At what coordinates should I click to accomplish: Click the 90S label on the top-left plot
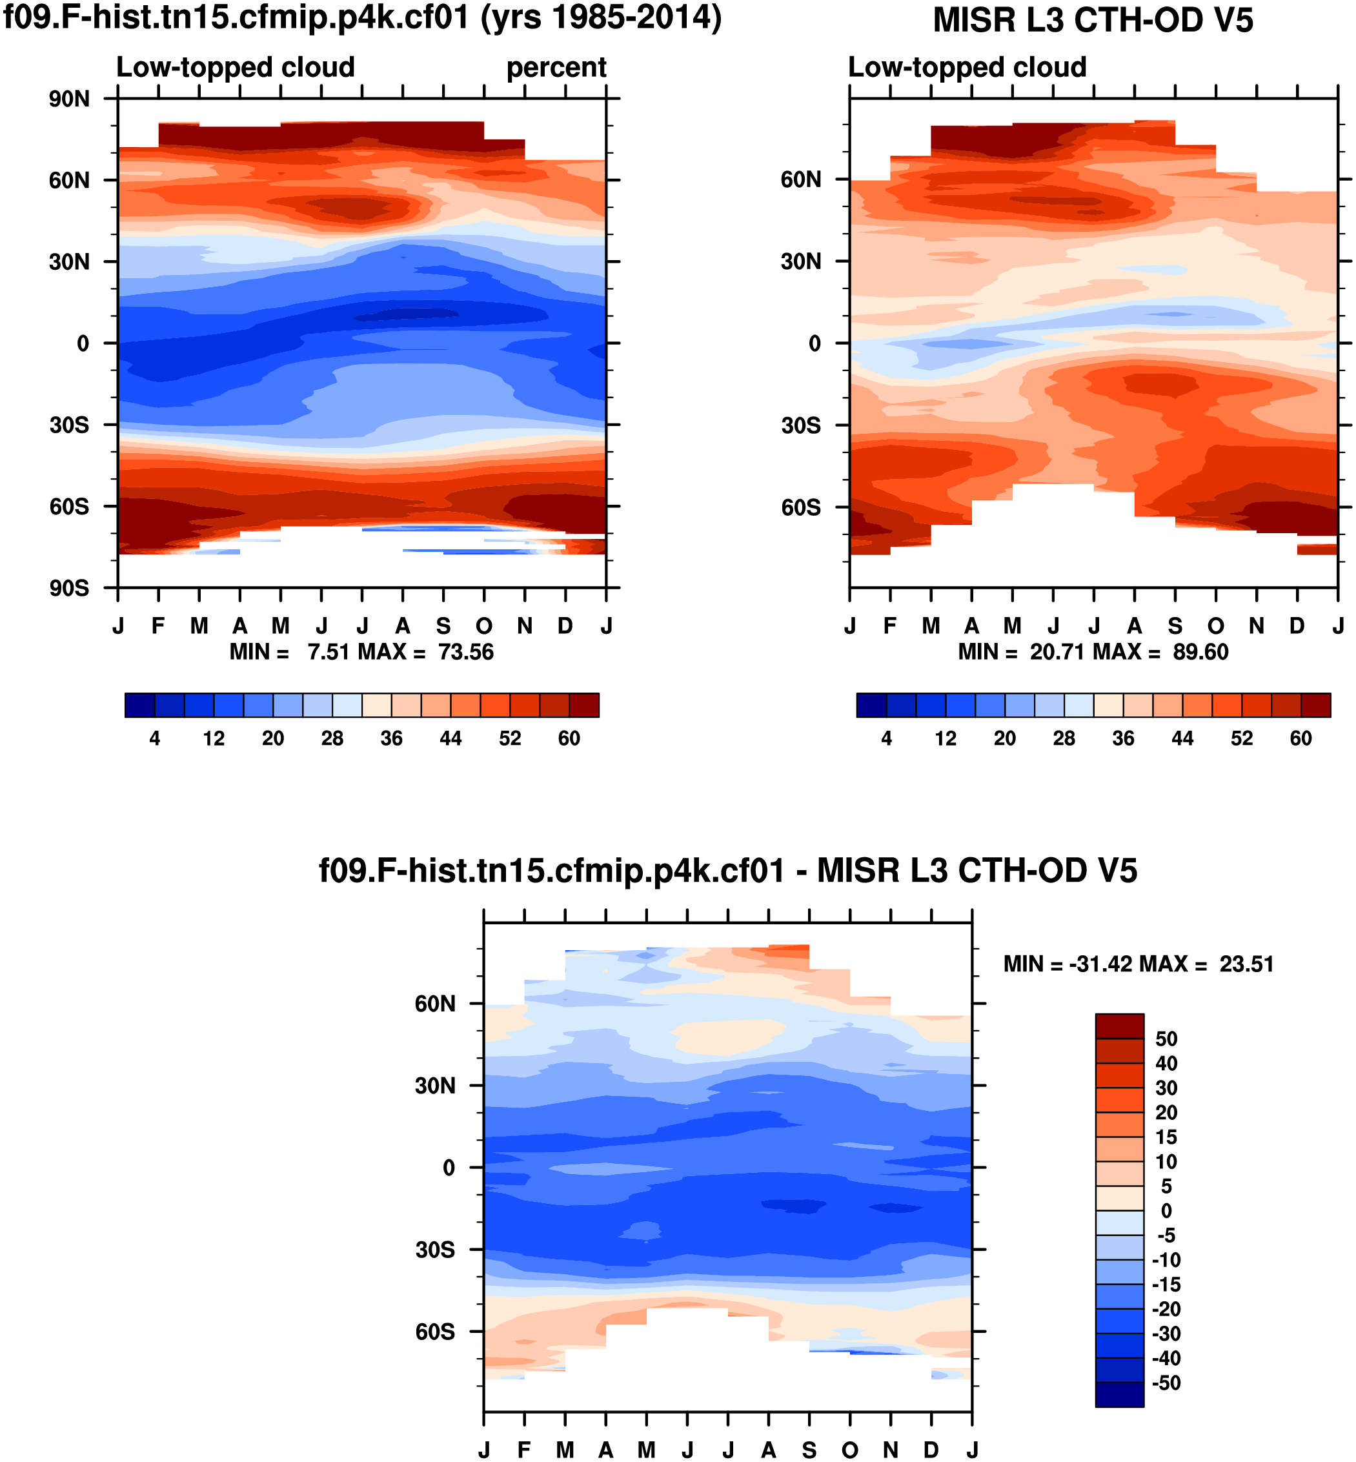pyautogui.click(x=69, y=589)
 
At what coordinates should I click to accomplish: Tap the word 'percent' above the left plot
pyautogui.click(x=556, y=68)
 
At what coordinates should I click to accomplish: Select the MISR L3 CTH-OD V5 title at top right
pyautogui.click(x=1093, y=21)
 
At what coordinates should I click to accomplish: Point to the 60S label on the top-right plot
pyautogui.click(x=800, y=507)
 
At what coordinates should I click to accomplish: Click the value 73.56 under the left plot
pyautogui.click(x=466, y=652)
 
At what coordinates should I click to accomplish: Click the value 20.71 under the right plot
pyautogui.click(x=1057, y=652)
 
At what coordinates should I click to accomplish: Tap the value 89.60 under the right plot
pyautogui.click(x=1200, y=652)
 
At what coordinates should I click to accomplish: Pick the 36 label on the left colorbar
pyautogui.click(x=391, y=738)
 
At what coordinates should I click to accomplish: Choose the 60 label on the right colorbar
pyautogui.click(x=1300, y=738)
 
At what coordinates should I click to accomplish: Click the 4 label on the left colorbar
pyautogui.click(x=155, y=738)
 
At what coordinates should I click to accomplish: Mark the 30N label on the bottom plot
pyautogui.click(x=435, y=1086)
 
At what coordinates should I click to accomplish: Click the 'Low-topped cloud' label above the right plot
pyautogui.click(x=967, y=68)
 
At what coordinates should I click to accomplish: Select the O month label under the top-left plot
pyautogui.click(x=483, y=626)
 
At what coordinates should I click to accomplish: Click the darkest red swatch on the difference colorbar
pyautogui.click(x=1119, y=1027)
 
